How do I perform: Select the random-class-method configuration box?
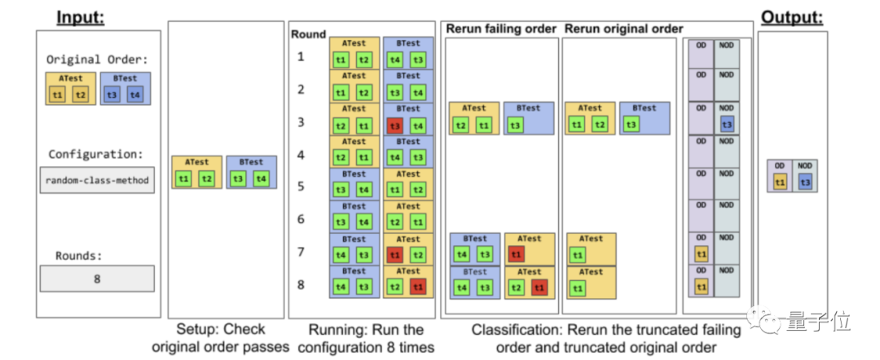pyautogui.click(x=97, y=180)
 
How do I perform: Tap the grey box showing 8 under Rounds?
pyautogui.click(x=97, y=279)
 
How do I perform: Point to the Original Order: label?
pyautogui.click(x=96, y=59)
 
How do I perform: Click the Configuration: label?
pyautogui.click(x=96, y=153)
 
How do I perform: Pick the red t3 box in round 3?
pyautogui.click(x=395, y=125)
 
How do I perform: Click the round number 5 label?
pyautogui.click(x=301, y=187)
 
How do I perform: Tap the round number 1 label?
pyautogui.click(x=301, y=57)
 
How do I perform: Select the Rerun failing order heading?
pyautogui.click(x=500, y=29)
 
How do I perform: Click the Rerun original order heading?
pyautogui.click(x=624, y=29)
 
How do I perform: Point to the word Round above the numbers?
pyautogui.click(x=308, y=34)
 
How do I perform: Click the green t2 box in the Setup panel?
pyautogui.click(x=207, y=178)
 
